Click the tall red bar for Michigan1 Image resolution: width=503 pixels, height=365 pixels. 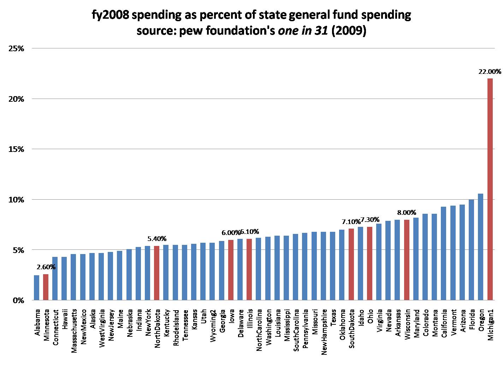490,189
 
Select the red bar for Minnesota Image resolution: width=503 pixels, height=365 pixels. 46,287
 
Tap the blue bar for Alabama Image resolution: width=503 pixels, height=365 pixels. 36,288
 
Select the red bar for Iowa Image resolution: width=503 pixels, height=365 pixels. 231,270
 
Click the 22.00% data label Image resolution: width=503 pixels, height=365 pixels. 490,71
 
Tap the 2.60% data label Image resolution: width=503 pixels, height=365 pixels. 46,267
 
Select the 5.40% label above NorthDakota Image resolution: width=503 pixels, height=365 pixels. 156,239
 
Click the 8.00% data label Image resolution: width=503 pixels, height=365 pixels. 407,212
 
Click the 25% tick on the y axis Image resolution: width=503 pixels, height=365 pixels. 16,48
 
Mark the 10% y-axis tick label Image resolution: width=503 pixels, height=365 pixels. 16,200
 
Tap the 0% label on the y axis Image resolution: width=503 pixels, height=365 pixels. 18,300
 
